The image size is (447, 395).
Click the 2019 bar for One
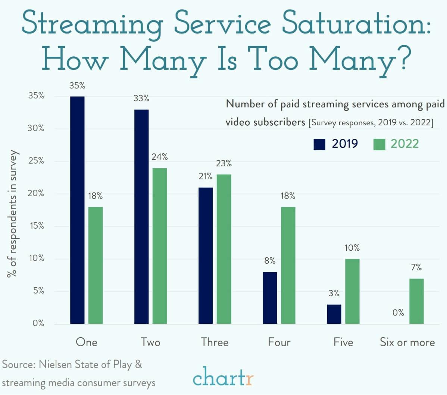[77, 210]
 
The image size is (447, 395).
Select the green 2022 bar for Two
[159, 246]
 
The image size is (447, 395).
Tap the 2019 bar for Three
[206, 256]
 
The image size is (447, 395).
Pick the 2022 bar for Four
[288, 265]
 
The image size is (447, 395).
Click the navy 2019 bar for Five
[334, 314]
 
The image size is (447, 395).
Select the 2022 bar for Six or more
[416, 301]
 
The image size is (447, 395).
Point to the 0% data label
[398, 313]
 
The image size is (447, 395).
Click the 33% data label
[141, 98]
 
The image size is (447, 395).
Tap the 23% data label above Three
[223, 163]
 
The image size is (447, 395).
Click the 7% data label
[416, 267]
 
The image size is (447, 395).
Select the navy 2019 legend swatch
[320, 144]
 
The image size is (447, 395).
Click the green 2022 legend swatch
[379, 144]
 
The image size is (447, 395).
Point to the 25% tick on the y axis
[36, 161]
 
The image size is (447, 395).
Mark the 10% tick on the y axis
[36, 258]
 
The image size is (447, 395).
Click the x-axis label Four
[279, 342]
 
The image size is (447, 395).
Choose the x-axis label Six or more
[407, 342]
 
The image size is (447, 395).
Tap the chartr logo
[223, 377]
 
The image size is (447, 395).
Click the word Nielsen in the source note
[56, 364]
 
